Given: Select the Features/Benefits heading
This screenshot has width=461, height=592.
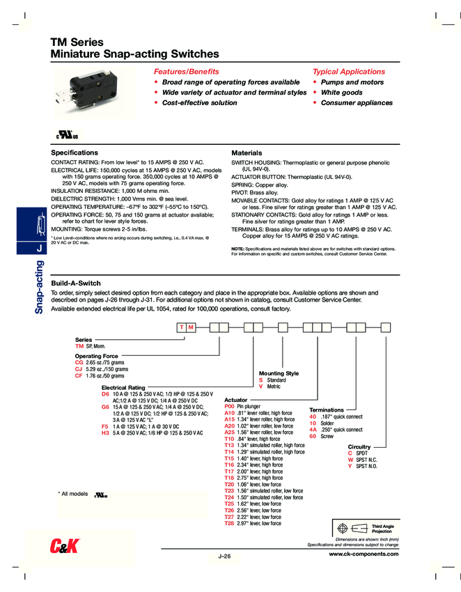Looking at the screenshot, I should click(x=186, y=72).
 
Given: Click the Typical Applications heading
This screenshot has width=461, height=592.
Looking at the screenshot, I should click(x=348, y=72).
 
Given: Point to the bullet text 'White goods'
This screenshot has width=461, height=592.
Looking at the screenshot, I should click(x=341, y=93).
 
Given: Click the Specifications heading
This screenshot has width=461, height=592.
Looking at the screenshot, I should click(x=75, y=153).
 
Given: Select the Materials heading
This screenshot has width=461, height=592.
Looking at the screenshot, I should click(x=247, y=153).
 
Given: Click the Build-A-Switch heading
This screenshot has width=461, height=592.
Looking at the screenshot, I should click(x=77, y=283).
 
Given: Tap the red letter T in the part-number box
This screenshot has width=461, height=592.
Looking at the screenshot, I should click(x=180, y=327).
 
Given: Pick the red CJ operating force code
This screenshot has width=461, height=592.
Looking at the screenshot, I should click(x=79, y=369).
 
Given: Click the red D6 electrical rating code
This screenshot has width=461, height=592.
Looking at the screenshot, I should click(x=105, y=394).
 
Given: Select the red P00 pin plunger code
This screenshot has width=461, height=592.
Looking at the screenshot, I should click(x=229, y=405).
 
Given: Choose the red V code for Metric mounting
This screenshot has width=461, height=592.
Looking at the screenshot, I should click(x=260, y=386).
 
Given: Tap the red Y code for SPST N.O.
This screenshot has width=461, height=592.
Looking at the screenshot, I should click(x=350, y=466).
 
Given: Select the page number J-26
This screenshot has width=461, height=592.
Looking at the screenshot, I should click(x=224, y=556).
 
